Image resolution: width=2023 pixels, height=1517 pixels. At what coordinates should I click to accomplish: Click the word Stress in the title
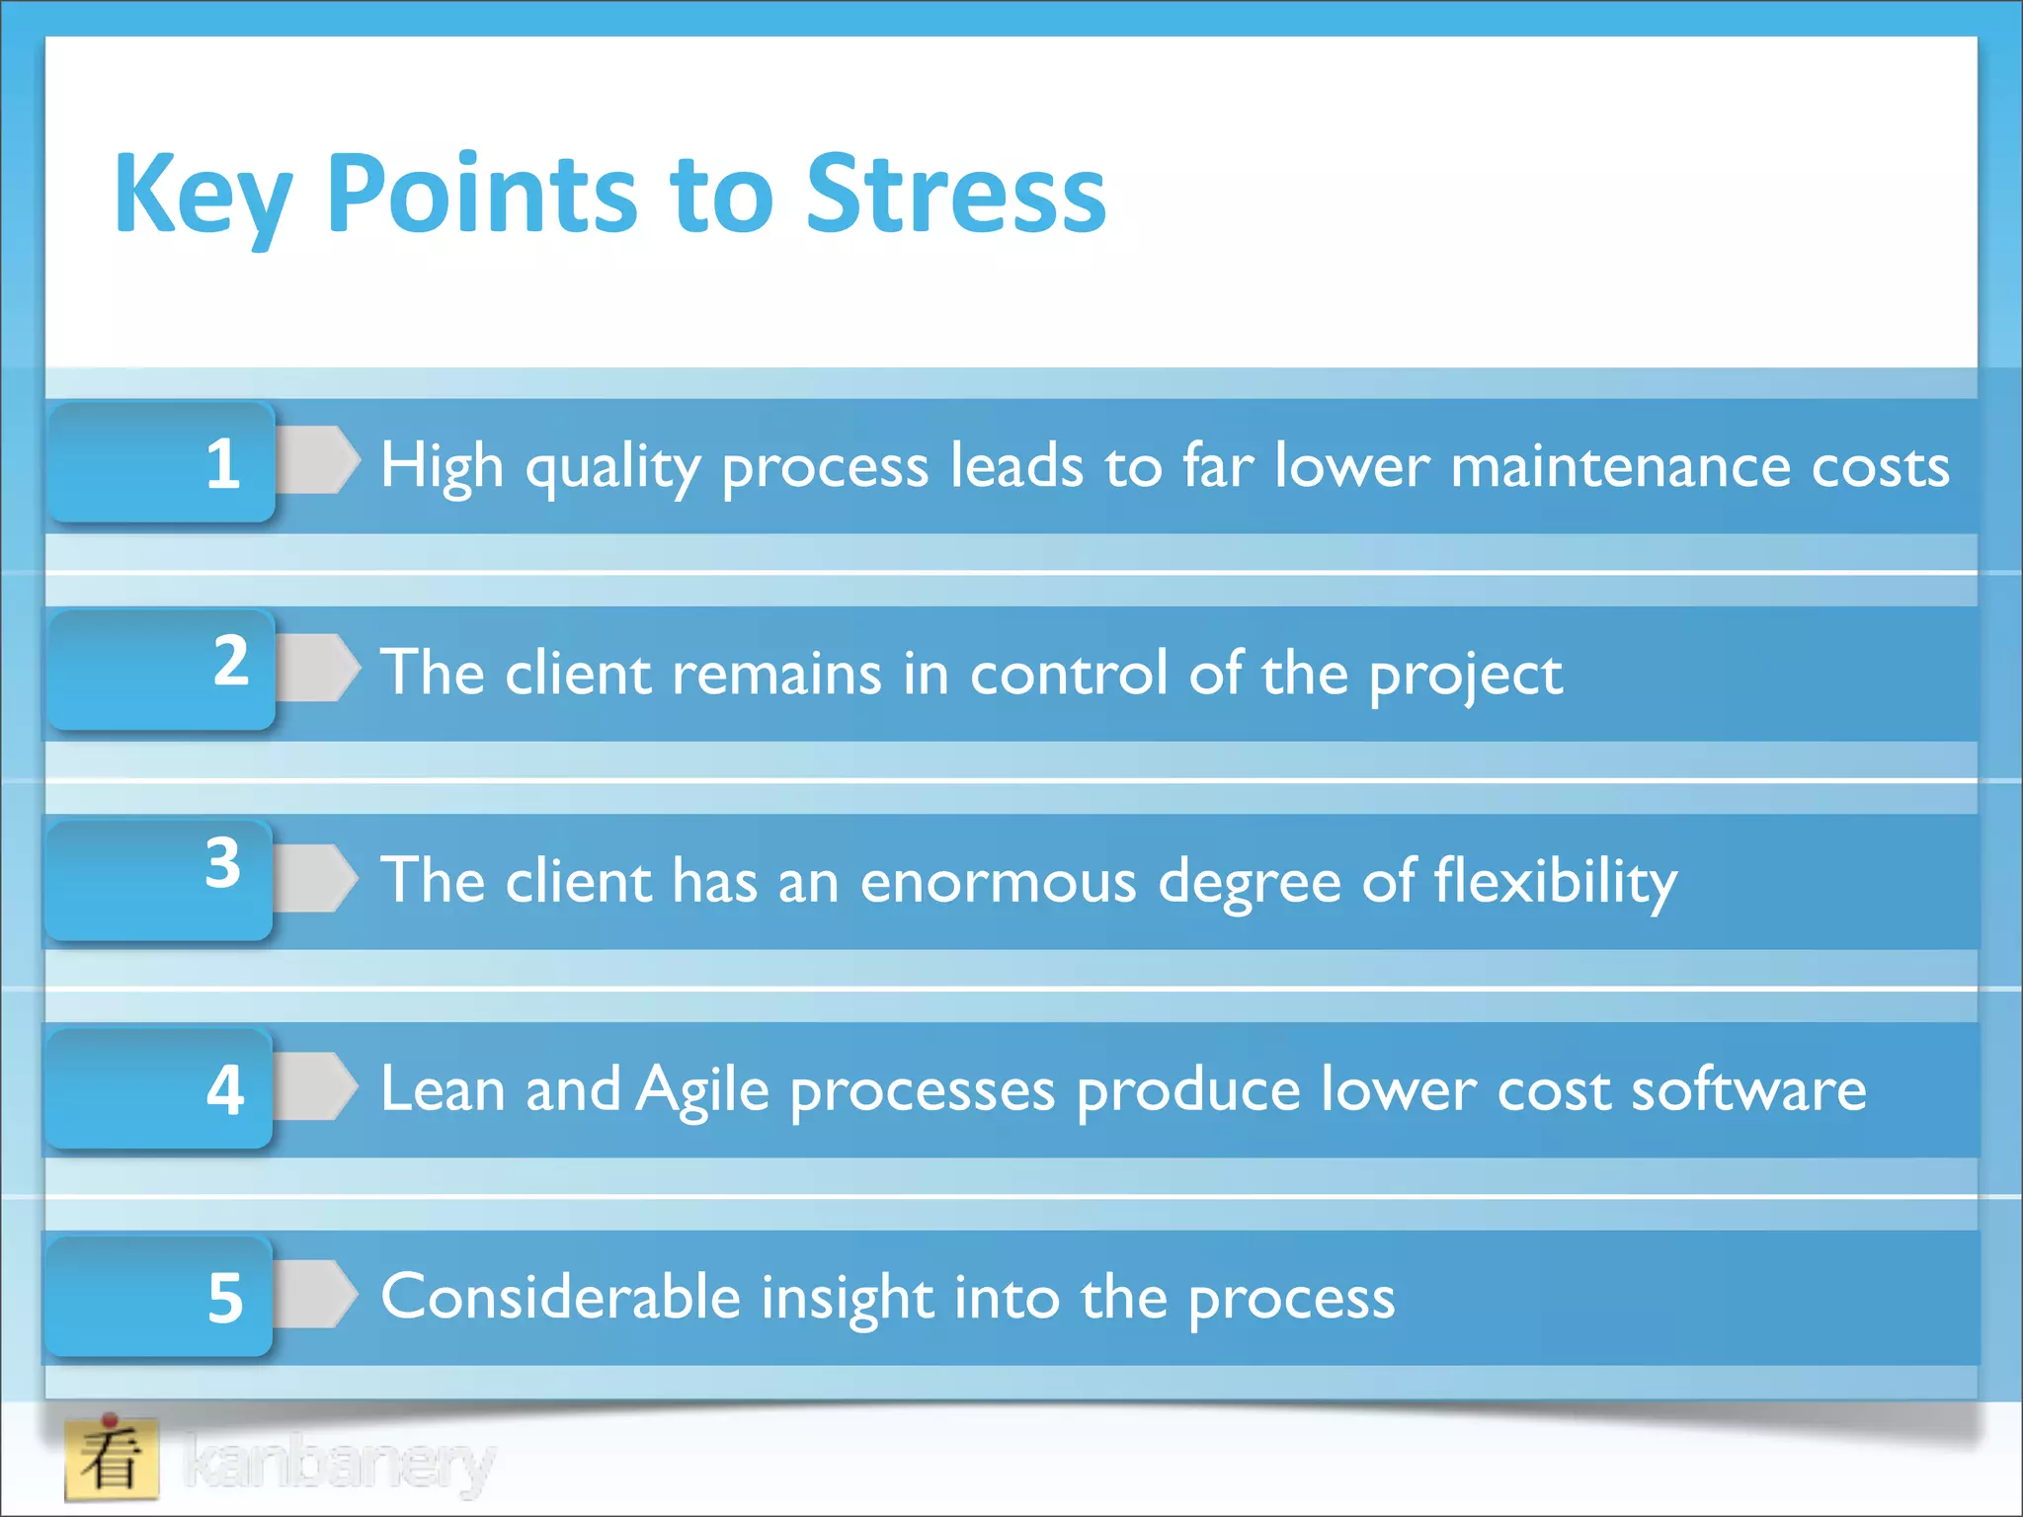tap(956, 195)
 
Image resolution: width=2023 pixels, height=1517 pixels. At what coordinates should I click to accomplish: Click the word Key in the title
tap(202, 195)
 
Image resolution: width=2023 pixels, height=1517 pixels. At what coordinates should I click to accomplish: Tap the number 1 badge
tap(163, 462)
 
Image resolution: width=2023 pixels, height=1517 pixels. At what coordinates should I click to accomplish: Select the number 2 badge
tap(163, 670)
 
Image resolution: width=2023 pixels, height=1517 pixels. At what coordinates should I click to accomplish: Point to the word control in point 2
tap(1070, 675)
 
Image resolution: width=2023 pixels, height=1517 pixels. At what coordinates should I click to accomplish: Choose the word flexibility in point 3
tap(1555, 882)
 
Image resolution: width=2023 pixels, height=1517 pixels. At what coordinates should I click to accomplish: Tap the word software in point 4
tap(1748, 1090)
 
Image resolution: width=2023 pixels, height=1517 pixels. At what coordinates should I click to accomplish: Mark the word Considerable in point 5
tap(560, 1297)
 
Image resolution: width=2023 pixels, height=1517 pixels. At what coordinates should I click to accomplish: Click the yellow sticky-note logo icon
tap(112, 1459)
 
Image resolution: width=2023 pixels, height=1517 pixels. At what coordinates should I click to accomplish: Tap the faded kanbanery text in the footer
tap(338, 1463)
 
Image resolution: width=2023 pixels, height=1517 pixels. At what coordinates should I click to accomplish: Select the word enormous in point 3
tap(998, 882)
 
